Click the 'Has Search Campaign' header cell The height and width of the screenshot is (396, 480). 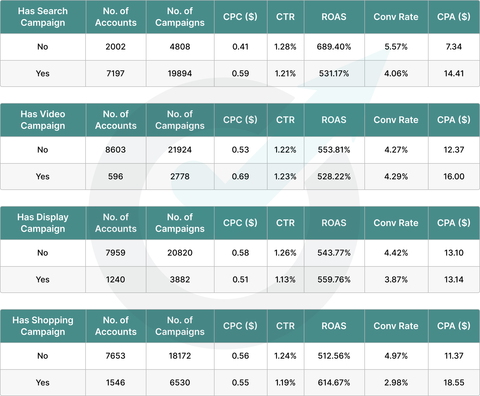43,17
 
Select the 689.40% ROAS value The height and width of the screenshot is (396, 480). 334,47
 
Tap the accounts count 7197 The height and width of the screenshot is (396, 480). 116,73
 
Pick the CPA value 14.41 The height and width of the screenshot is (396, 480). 454,73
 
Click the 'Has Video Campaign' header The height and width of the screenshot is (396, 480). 43,120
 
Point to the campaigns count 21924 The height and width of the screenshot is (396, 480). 180,150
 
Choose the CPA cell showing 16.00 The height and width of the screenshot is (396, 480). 454,177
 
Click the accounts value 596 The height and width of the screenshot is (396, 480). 116,177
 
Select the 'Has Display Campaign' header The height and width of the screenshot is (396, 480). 43,223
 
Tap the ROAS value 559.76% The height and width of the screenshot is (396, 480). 334,280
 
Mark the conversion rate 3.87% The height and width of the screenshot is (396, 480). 396,280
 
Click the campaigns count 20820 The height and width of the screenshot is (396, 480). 180,253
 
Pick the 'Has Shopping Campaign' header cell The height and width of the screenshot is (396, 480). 43,326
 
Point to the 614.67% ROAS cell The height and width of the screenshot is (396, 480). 334,383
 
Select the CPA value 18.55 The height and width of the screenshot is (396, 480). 454,383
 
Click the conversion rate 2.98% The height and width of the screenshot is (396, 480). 396,383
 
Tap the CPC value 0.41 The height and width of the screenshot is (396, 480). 241,47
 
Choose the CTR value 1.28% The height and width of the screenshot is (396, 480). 285,47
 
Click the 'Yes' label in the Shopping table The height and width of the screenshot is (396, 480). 43,383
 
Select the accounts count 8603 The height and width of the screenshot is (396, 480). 116,150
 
